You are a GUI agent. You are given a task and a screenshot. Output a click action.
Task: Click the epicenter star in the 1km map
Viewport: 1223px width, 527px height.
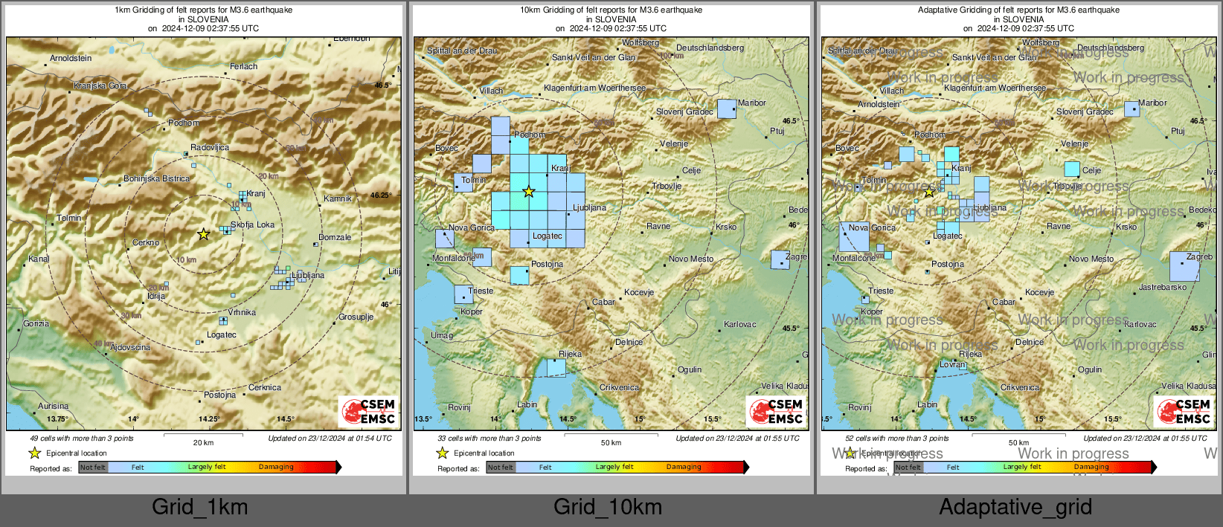[203, 234]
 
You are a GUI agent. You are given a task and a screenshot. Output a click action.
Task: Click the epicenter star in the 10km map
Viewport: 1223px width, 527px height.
[528, 192]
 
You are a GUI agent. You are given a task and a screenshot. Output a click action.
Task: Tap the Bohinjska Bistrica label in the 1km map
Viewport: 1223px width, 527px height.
[156, 178]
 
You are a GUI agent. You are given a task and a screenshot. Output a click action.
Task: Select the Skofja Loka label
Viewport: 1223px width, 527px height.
[252, 224]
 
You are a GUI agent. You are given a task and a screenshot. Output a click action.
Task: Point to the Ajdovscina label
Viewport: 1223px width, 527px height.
[130, 347]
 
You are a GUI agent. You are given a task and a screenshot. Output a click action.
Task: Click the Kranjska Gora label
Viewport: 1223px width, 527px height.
[100, 85]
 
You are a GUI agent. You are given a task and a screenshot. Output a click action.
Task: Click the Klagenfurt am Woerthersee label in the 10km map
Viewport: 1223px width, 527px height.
[595, 88]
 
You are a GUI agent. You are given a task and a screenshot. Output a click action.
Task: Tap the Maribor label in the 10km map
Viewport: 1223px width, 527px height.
[751, 103]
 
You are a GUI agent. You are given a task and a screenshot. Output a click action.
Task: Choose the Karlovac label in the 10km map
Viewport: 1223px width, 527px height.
[739, 324]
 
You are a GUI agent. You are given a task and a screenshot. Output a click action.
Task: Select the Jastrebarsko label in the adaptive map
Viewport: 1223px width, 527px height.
[1162, 287]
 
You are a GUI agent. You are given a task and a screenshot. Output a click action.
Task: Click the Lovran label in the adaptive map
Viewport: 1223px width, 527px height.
[952, 364]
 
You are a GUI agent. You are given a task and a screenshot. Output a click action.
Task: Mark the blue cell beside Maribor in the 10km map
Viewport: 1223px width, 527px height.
[726, 109]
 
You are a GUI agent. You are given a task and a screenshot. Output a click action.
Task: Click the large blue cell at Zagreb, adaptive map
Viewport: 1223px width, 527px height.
[1184, 266]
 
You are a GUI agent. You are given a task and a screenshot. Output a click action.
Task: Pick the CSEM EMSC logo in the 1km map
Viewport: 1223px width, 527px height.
[369, 411]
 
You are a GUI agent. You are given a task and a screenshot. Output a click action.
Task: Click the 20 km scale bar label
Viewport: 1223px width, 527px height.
[203, 442]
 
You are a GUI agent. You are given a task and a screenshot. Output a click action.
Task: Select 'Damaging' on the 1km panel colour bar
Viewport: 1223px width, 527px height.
[276, 467]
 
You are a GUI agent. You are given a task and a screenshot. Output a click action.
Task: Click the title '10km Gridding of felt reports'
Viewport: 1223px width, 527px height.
[611, 10]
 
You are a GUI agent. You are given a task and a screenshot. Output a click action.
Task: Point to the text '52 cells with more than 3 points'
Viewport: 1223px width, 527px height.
[896, 438]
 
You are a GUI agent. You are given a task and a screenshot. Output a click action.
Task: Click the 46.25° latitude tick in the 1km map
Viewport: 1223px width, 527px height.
[380, 195]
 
